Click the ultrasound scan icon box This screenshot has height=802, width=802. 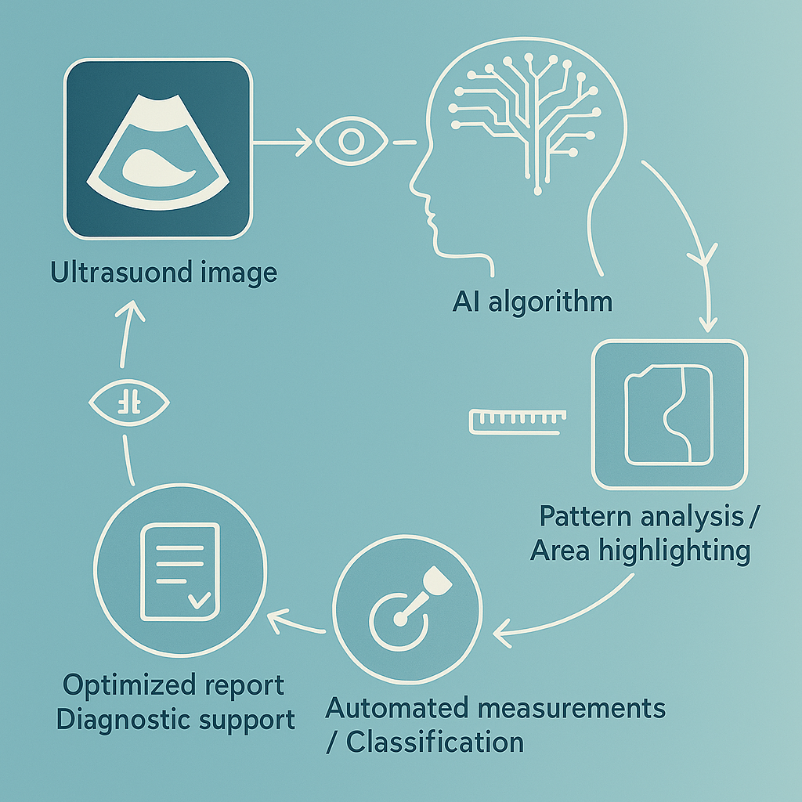pos(157,149)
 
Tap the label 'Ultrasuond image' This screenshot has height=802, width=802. pos(163,273)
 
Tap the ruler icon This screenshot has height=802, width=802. pos(516,421)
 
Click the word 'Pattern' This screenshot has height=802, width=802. pos(586,517)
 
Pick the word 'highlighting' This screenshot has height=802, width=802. pos(674,551)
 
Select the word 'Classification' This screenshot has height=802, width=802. pos(435,742)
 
